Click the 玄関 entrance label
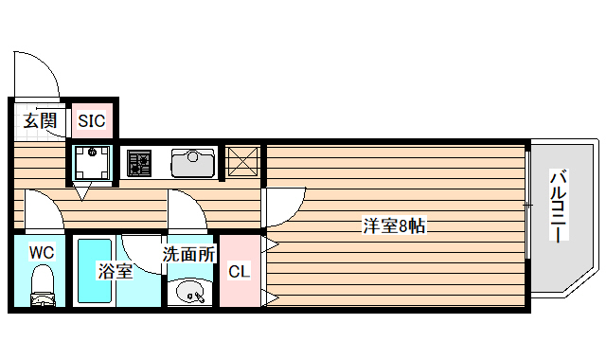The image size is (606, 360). pyautogui.click(x=40, y=120)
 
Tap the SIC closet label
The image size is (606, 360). pyautogui.click(x=92, y=120)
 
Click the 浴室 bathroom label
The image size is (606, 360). pyautogui.click(x=116, y=272)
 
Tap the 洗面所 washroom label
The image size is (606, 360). pyautogui.click(x=188, y=254)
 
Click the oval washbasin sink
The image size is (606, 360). pyautogui.click(x=191, y=291)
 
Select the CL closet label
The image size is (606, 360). pyautogui.click(x=239, y=272)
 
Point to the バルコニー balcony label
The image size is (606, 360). pyautogui.click(x=559, y=204)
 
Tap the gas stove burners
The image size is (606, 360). pyautogui.click(x=140, y=162)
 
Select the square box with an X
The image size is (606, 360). pyautogui.click(x=243, y=161)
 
